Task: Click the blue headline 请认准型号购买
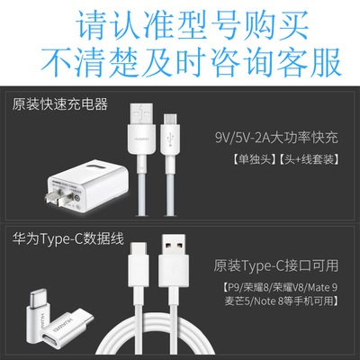pos(193,26)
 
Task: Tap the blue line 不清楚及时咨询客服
pos(192,62)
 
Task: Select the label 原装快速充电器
pos(60,104)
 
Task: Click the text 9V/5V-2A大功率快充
pos(276,138)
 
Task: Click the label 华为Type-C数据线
pos(68,239)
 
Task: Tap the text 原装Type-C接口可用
pos(276,265)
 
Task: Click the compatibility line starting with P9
pos(280,287)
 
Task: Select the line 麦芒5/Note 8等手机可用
pos(282,301)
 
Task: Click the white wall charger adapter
pos(87,185)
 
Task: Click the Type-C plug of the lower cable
pos(139,265)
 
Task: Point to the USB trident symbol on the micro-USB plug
pos(170,139)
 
